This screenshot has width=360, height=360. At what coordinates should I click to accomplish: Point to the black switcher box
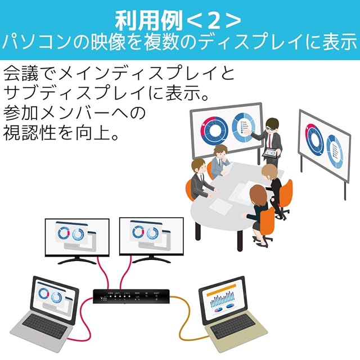click(x=130, y=295)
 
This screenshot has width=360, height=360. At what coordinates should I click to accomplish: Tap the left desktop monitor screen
click(x=76, y=235)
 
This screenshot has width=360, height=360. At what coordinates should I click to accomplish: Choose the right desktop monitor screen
click(x=151, y=235)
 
